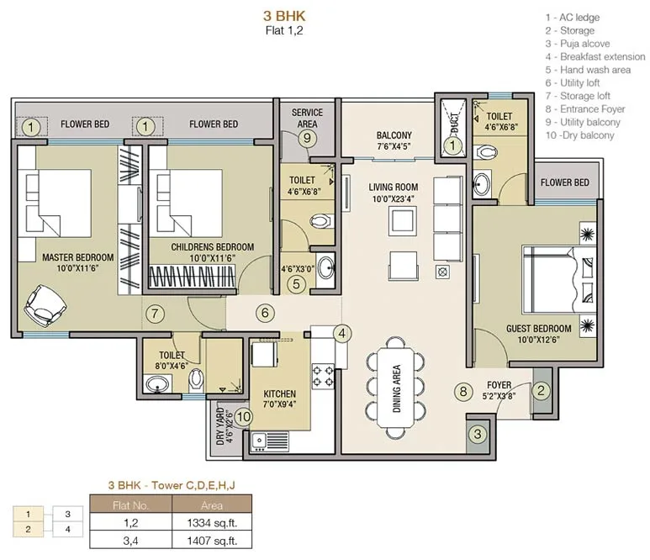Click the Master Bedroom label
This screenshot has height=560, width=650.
tap(78, 257)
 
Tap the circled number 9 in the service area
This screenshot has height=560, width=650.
tap(307, 138)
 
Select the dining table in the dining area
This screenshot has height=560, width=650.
tap(396, 388)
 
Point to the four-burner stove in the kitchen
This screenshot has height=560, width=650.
tap(323, 377)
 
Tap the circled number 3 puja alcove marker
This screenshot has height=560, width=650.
tap(478, 434)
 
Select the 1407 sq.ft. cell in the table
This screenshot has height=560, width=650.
tap(212, 541)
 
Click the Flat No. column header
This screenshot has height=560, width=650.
tap(130, 505)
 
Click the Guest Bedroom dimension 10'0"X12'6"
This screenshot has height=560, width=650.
tap(538, 340)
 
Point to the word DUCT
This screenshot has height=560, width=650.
tap(455, 123)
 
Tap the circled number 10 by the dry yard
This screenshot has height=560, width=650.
tap(243, 416)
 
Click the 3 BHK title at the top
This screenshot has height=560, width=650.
tap(284, 16)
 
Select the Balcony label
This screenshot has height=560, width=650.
tap(394, 135)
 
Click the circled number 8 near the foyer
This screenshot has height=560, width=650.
tap(463, 391)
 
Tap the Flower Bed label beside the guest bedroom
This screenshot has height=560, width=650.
tap(564, 182)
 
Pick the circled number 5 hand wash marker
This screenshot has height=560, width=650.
tap(296, 284)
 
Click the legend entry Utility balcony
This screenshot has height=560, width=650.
tap(583, 122)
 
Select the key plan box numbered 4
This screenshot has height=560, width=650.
tap(68, 530)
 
